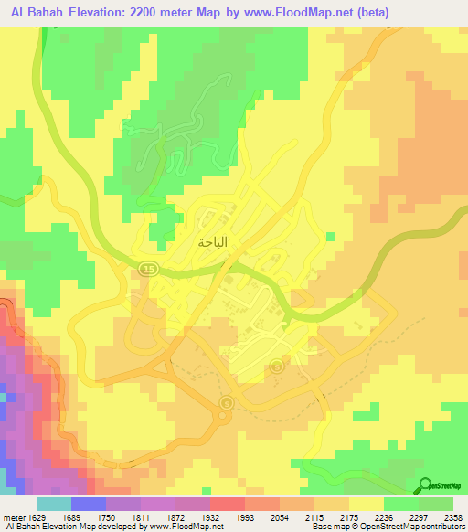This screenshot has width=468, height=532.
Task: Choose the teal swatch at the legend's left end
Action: [x=53, y=504]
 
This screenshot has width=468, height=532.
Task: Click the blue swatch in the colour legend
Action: [x=89, y=504]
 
